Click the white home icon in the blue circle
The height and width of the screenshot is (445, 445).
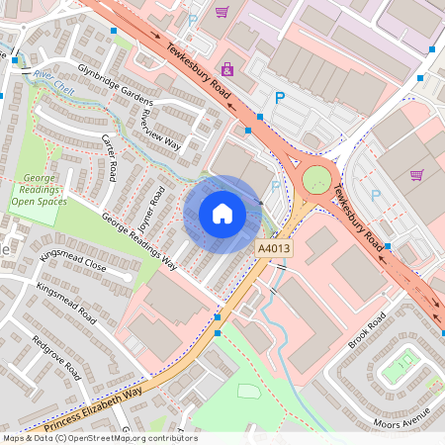pos(222,214)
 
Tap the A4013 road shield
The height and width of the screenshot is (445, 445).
pos(275,250)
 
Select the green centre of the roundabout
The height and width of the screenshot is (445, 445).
pos(316,180)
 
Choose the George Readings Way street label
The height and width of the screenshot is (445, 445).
pos(138,242)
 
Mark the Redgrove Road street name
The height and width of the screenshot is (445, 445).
pos(55,355)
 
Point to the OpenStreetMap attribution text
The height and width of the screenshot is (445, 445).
pos(100,438)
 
